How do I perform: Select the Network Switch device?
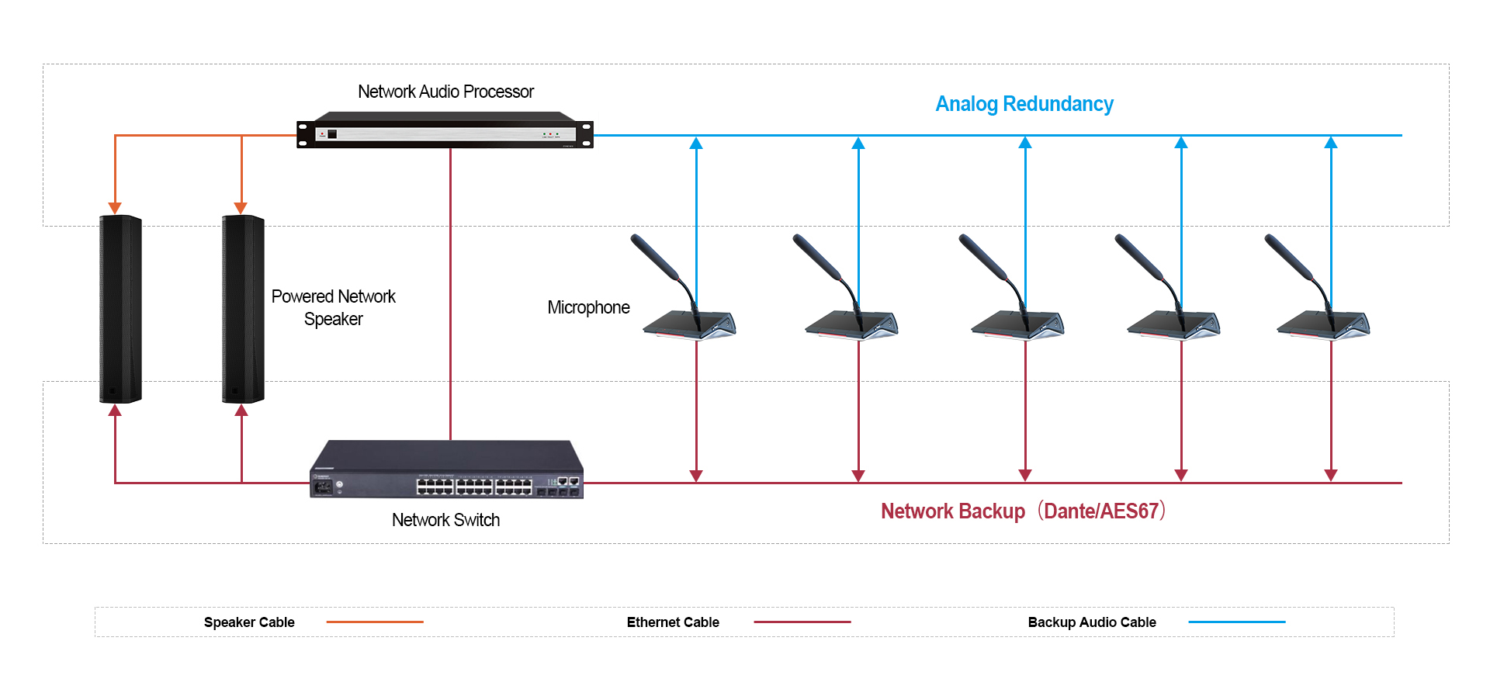pyautogui.click(x=446, y=469)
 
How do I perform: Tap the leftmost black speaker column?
pyautogui.click(x=120, y=309)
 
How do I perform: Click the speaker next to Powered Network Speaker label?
pyautogui.click(x=243, y=309)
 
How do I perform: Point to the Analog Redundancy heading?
pyautogui.click(x=1024, y=104)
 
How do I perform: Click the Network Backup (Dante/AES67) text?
pyautogui.click(x=1024, y=511)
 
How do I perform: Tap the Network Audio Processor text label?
pyautogui.click(x=445, y=92)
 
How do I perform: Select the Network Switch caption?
pyautogui.click(x=445, y=520)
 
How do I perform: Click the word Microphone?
pyautogui.click(x=588, y=307)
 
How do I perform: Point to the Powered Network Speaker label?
pyautogui.click(x=334, y=307)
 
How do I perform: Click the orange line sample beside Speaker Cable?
pyautogui.click(x=375, y=622)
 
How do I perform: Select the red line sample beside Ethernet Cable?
pyautogui.click(x=802, y=622)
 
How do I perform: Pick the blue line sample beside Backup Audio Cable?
pyautogui.click(x=1237, y=622)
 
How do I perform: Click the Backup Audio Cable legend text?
pyautogui.click(x=1092, y=622)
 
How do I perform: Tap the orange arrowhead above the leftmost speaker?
pyautogui.click(x=115, y=208)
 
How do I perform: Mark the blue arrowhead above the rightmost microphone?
pyautogui.click(x=1331, y=143)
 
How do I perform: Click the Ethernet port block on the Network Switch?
pyautogui.click(x=474, y=487)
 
